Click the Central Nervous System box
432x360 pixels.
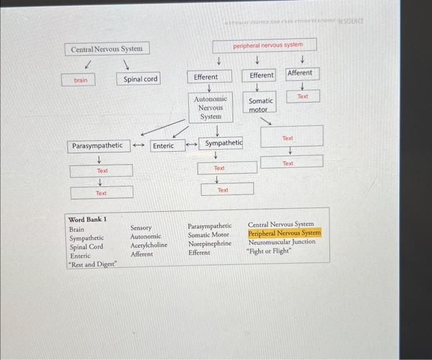(x=107, y=49)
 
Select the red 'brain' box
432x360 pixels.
(x=81, y=80)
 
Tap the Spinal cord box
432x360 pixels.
(x=140, y=79)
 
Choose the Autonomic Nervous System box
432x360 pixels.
(x=210, y=107)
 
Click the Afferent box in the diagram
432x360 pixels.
(x=300, y=73)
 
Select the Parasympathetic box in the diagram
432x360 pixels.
(x=98, y=146)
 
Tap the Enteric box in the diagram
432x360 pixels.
(x=164, y=146)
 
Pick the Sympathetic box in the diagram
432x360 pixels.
(x=223, y=143)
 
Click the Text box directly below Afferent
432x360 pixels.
(x=302, y=97)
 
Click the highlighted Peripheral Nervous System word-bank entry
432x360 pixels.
(x=285, y=233)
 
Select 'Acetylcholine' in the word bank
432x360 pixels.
(x=149, y=245)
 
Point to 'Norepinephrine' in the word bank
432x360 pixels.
(x=210, y=243)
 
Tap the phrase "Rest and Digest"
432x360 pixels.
(x=93, y=265)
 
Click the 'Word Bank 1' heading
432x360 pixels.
(x=88, y=219)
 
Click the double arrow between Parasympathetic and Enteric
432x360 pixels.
(x=139, y=146)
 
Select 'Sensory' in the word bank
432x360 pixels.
(x=141, y=228)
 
